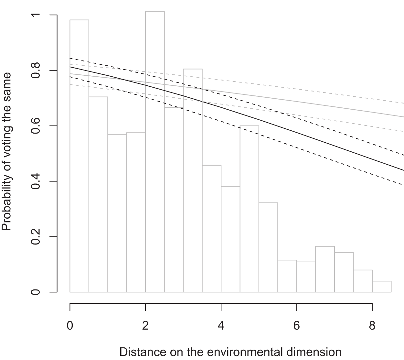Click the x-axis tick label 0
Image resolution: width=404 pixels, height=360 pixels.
pos(70,325)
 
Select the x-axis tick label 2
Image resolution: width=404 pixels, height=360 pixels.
pos(145,325)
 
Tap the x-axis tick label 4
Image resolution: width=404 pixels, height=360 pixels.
pos(221,325)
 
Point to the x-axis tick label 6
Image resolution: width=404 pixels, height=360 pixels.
pos(297,325)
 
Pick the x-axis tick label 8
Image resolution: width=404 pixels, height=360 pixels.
pos(372,325)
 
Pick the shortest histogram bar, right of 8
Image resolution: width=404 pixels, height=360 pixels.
pos(382,287)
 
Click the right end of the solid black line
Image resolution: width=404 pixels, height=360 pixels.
pos(403,170)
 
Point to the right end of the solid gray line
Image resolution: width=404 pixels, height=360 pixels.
pos(403,117)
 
